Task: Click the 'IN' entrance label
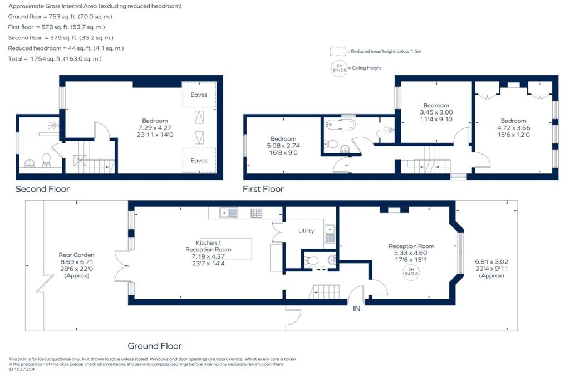point(357,309)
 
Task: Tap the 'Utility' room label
point(306,231)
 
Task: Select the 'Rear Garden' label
point(76,255)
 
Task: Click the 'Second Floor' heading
point(42,189)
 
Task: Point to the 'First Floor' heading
point(263,189)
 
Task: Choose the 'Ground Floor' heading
point(155,346)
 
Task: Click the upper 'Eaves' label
point(199,95)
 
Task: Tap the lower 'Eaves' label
point(199,161)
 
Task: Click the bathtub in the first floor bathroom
point(340,124)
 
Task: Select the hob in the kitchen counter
point(257,213)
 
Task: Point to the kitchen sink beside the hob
point(229,213)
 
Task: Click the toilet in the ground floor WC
point(312,260)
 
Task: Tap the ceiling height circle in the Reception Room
point(411,272)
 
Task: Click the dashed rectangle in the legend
point(338,52)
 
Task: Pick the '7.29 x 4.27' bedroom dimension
point(155,128)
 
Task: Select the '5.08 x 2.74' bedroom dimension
point(283,146)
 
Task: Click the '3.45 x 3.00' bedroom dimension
point(436,112)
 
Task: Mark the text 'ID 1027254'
point(22,369)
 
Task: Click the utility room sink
point(330,234)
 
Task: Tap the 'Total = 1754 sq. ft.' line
point(55,59)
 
